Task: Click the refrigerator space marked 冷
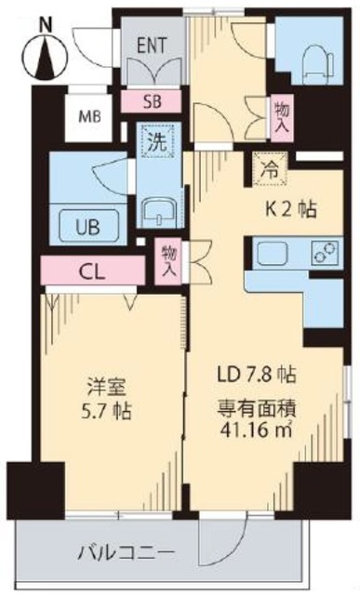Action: (x=268, y=169)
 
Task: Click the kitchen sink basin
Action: (x=274, y=254)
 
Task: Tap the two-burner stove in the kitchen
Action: (x=326, y=254)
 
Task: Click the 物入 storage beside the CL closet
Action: (x=168, y=259)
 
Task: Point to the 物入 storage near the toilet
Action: (x=280, y=117)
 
